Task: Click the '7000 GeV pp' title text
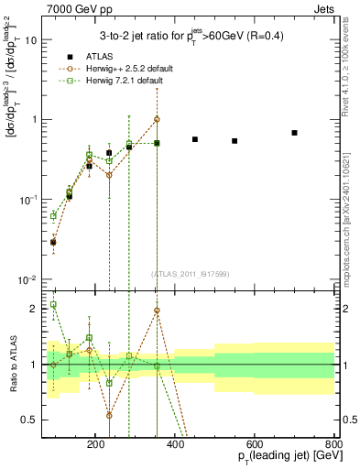coord(80,7)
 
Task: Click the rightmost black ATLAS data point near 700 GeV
coord(294,133)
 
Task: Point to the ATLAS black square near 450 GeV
coord(195,139)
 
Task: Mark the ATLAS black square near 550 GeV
coord(235,141)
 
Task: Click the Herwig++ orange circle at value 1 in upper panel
coord(157,119)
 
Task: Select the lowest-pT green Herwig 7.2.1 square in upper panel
coord(53,216)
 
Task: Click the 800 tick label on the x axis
coord(333,443)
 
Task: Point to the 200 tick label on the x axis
coord(96,443)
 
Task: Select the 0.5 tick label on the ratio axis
coord(29,420)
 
